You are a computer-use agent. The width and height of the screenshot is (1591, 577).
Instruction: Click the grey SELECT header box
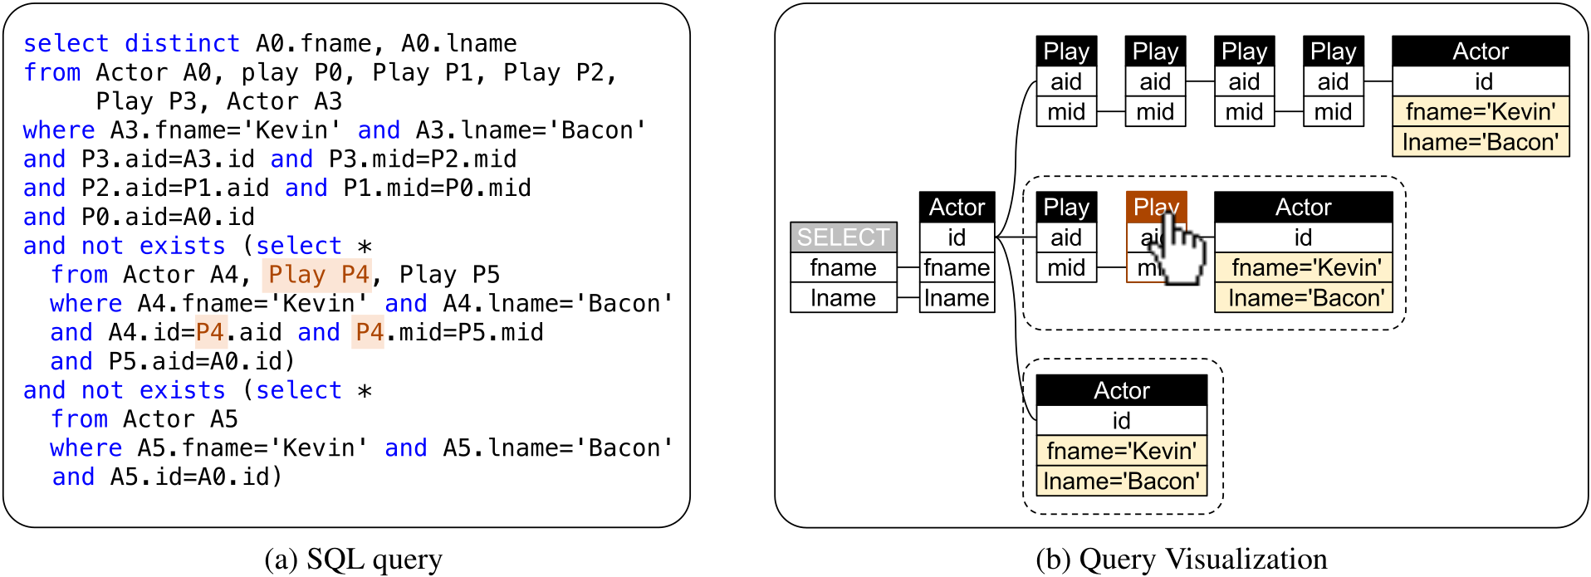click(843, 237)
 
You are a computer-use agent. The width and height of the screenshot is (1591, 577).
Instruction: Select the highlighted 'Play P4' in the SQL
click(318, 275)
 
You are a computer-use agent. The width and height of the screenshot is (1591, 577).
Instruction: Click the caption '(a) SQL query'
click(353, 560)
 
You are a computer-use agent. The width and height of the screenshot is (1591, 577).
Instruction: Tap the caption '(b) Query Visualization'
click(1181, 560)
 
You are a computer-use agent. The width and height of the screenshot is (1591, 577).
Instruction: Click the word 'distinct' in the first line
click(182, 43)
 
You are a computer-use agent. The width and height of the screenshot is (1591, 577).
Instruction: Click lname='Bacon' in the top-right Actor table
click(1481, 142)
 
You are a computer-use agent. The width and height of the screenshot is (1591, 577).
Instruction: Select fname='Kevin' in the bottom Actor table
click(1121, 451)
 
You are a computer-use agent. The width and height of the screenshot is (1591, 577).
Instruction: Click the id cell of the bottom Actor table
click(1121, 421)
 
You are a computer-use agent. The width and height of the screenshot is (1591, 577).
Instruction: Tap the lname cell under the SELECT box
click(843, 298)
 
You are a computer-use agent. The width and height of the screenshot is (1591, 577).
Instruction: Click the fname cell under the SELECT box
click(843, 268)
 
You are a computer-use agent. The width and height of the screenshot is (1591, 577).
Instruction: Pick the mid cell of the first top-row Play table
click(1066, 112)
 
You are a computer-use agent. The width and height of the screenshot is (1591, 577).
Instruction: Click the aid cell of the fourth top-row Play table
click(1333, 82)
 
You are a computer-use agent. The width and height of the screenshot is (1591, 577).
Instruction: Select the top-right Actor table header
click(1481, 51)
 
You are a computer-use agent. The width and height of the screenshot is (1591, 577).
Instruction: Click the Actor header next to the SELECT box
click(957, 207)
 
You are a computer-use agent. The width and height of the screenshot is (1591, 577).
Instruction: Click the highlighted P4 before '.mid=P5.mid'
click(368, 333)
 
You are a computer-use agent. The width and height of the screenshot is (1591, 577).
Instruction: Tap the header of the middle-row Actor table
click(1303, 207)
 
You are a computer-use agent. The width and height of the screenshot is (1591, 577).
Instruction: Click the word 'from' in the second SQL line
click(52, 72)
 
